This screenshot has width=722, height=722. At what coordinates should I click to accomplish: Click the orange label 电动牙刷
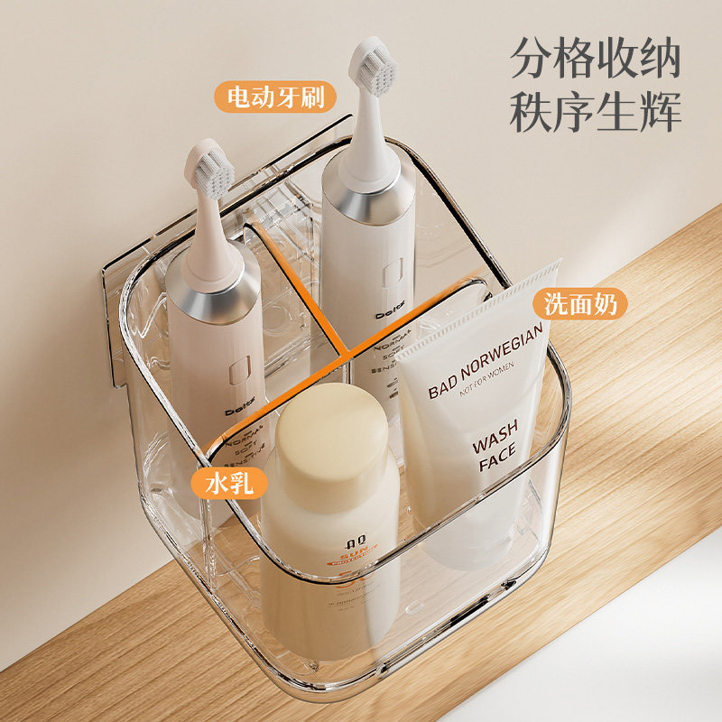(269, 97)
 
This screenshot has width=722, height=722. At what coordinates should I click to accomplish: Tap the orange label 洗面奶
(580, 304)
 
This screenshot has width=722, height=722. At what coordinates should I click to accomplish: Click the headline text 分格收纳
(596, 59)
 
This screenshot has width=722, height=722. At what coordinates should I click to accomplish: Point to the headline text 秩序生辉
(596, 113)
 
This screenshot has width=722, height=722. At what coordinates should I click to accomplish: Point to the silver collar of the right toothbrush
(371, 199)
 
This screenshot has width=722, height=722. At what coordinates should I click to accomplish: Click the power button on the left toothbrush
(241, 367)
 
